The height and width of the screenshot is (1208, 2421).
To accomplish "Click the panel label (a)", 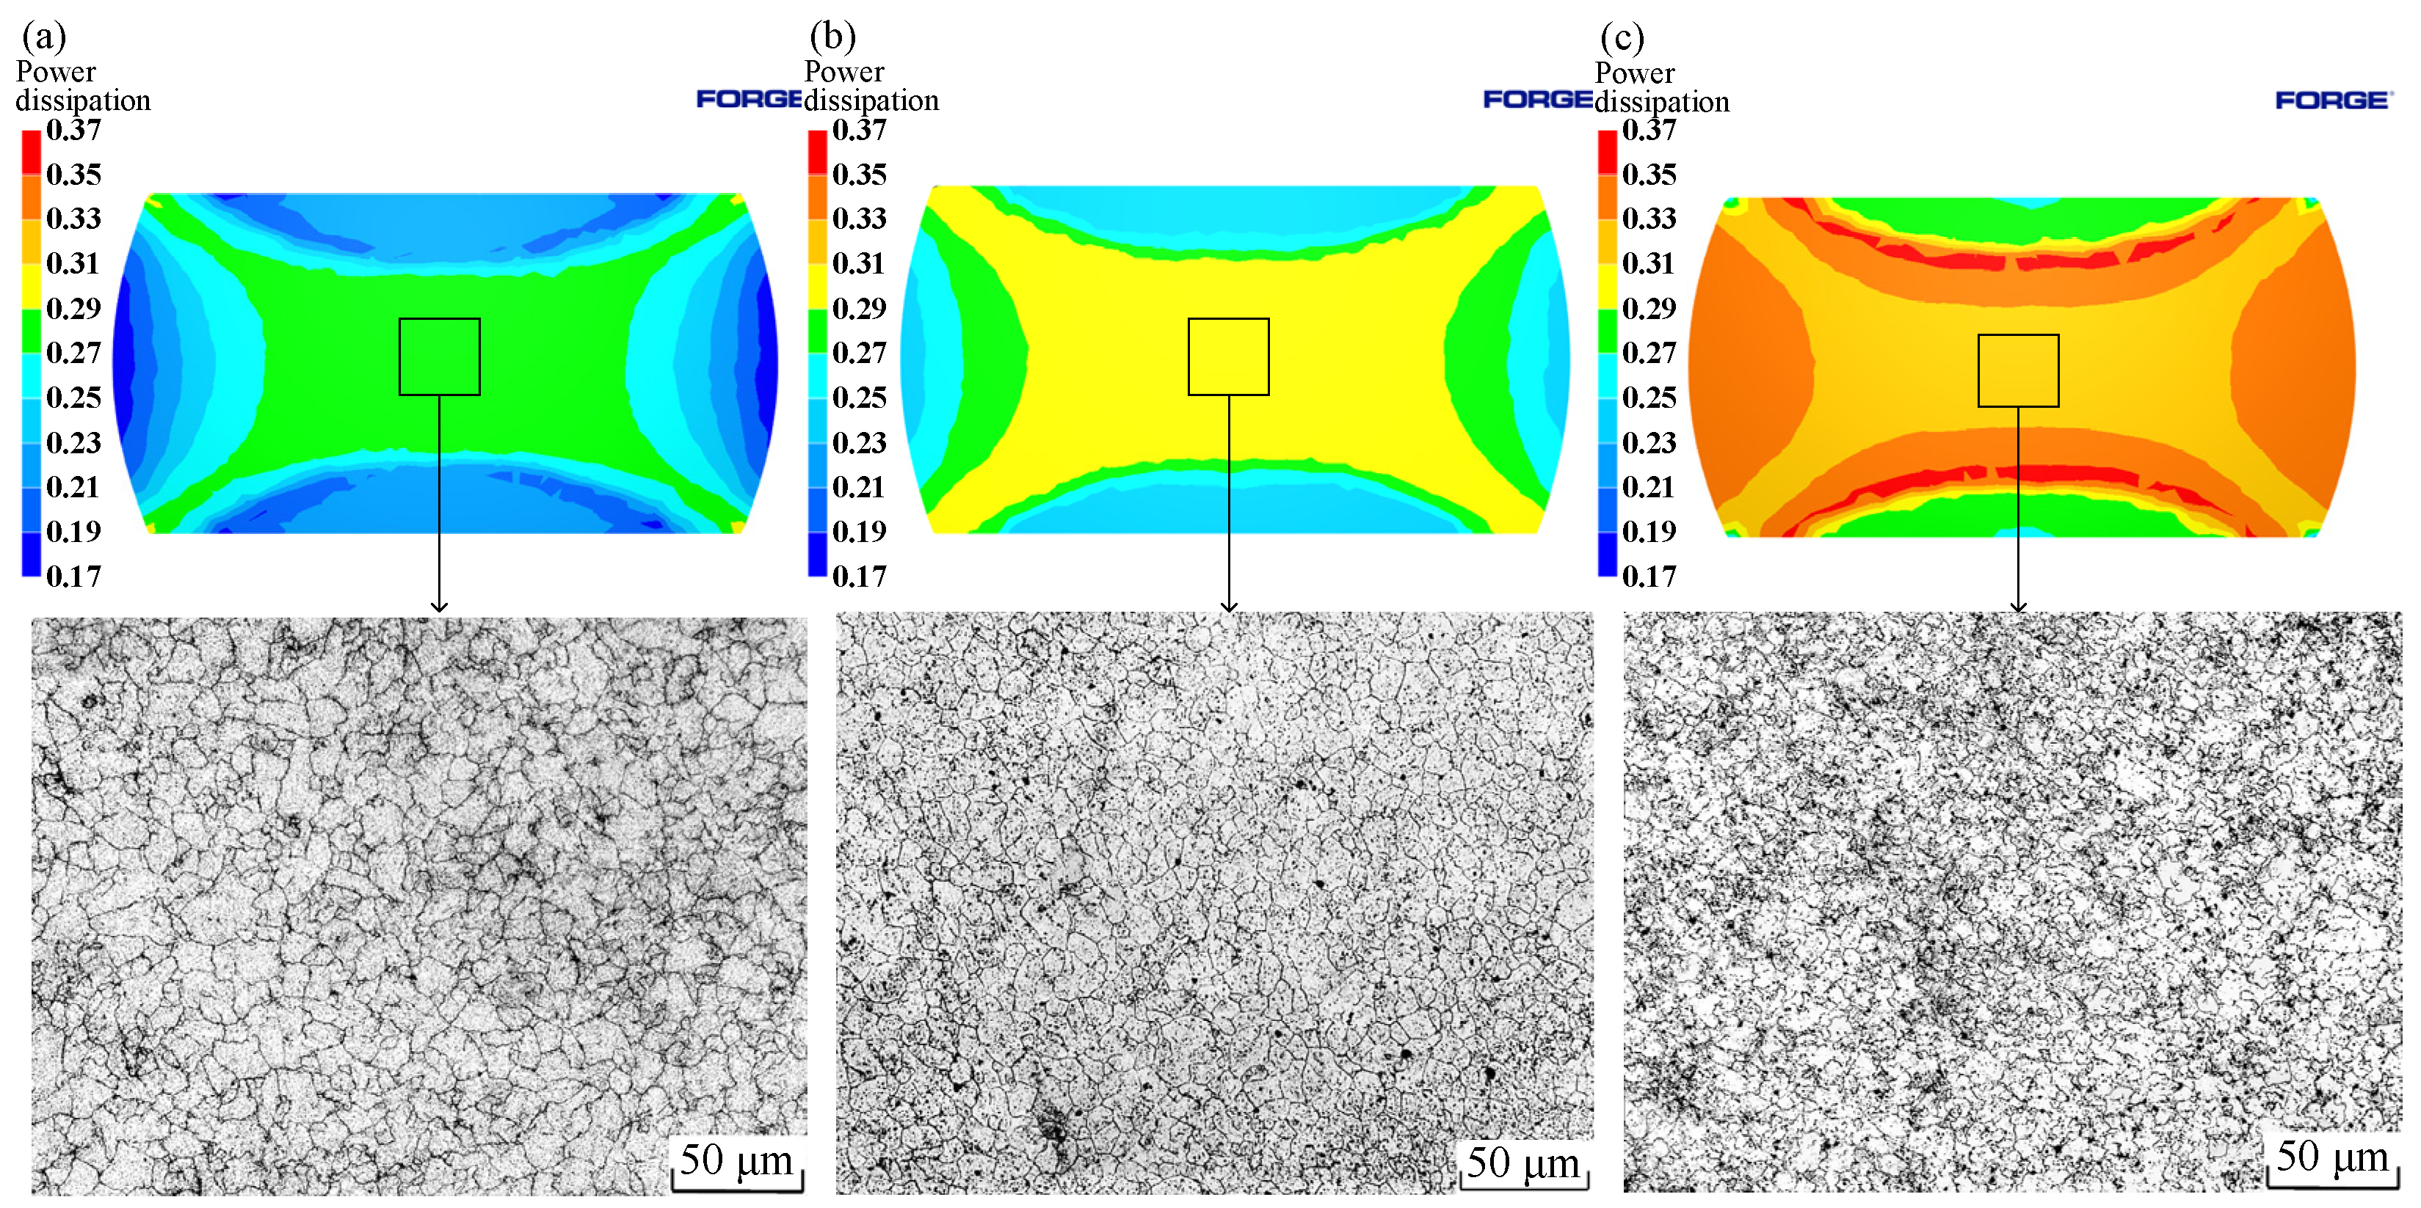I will click(x=44, y=37).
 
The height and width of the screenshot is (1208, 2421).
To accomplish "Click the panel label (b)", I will click(x=832, y=37).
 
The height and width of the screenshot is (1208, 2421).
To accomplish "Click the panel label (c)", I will click(x=1622, y=37).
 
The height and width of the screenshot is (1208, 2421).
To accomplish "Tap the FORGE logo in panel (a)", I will click(x=749, y=98).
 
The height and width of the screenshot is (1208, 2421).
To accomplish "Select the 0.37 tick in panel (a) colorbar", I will click(x=73, y=130).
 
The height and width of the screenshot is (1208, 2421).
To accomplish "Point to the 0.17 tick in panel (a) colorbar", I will click(x=73, y=576).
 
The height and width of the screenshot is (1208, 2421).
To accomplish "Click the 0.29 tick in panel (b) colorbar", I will click(x=859, y=308).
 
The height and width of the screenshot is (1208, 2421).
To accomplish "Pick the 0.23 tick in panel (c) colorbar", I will click(x=1649, y=442).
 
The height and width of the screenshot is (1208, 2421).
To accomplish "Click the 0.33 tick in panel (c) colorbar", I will click(x=1649, y=219).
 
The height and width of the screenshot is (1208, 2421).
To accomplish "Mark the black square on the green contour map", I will click(x=440, y=357).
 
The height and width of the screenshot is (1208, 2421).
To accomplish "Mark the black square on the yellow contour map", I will click(x=1228, y=357).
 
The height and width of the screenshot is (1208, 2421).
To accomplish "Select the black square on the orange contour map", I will click(x=2019, y=371).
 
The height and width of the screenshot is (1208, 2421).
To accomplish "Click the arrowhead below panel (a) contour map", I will click(x=439, y=606).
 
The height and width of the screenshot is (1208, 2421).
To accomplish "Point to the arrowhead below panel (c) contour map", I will click(x=2019, y=606).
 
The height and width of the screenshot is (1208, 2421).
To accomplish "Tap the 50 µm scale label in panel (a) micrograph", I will click(x=737, y=1160).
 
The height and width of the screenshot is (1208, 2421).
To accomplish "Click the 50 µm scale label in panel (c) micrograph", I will click(x=2333, y=1157).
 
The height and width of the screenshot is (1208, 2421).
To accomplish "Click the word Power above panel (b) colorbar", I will click(x=844, y=73).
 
